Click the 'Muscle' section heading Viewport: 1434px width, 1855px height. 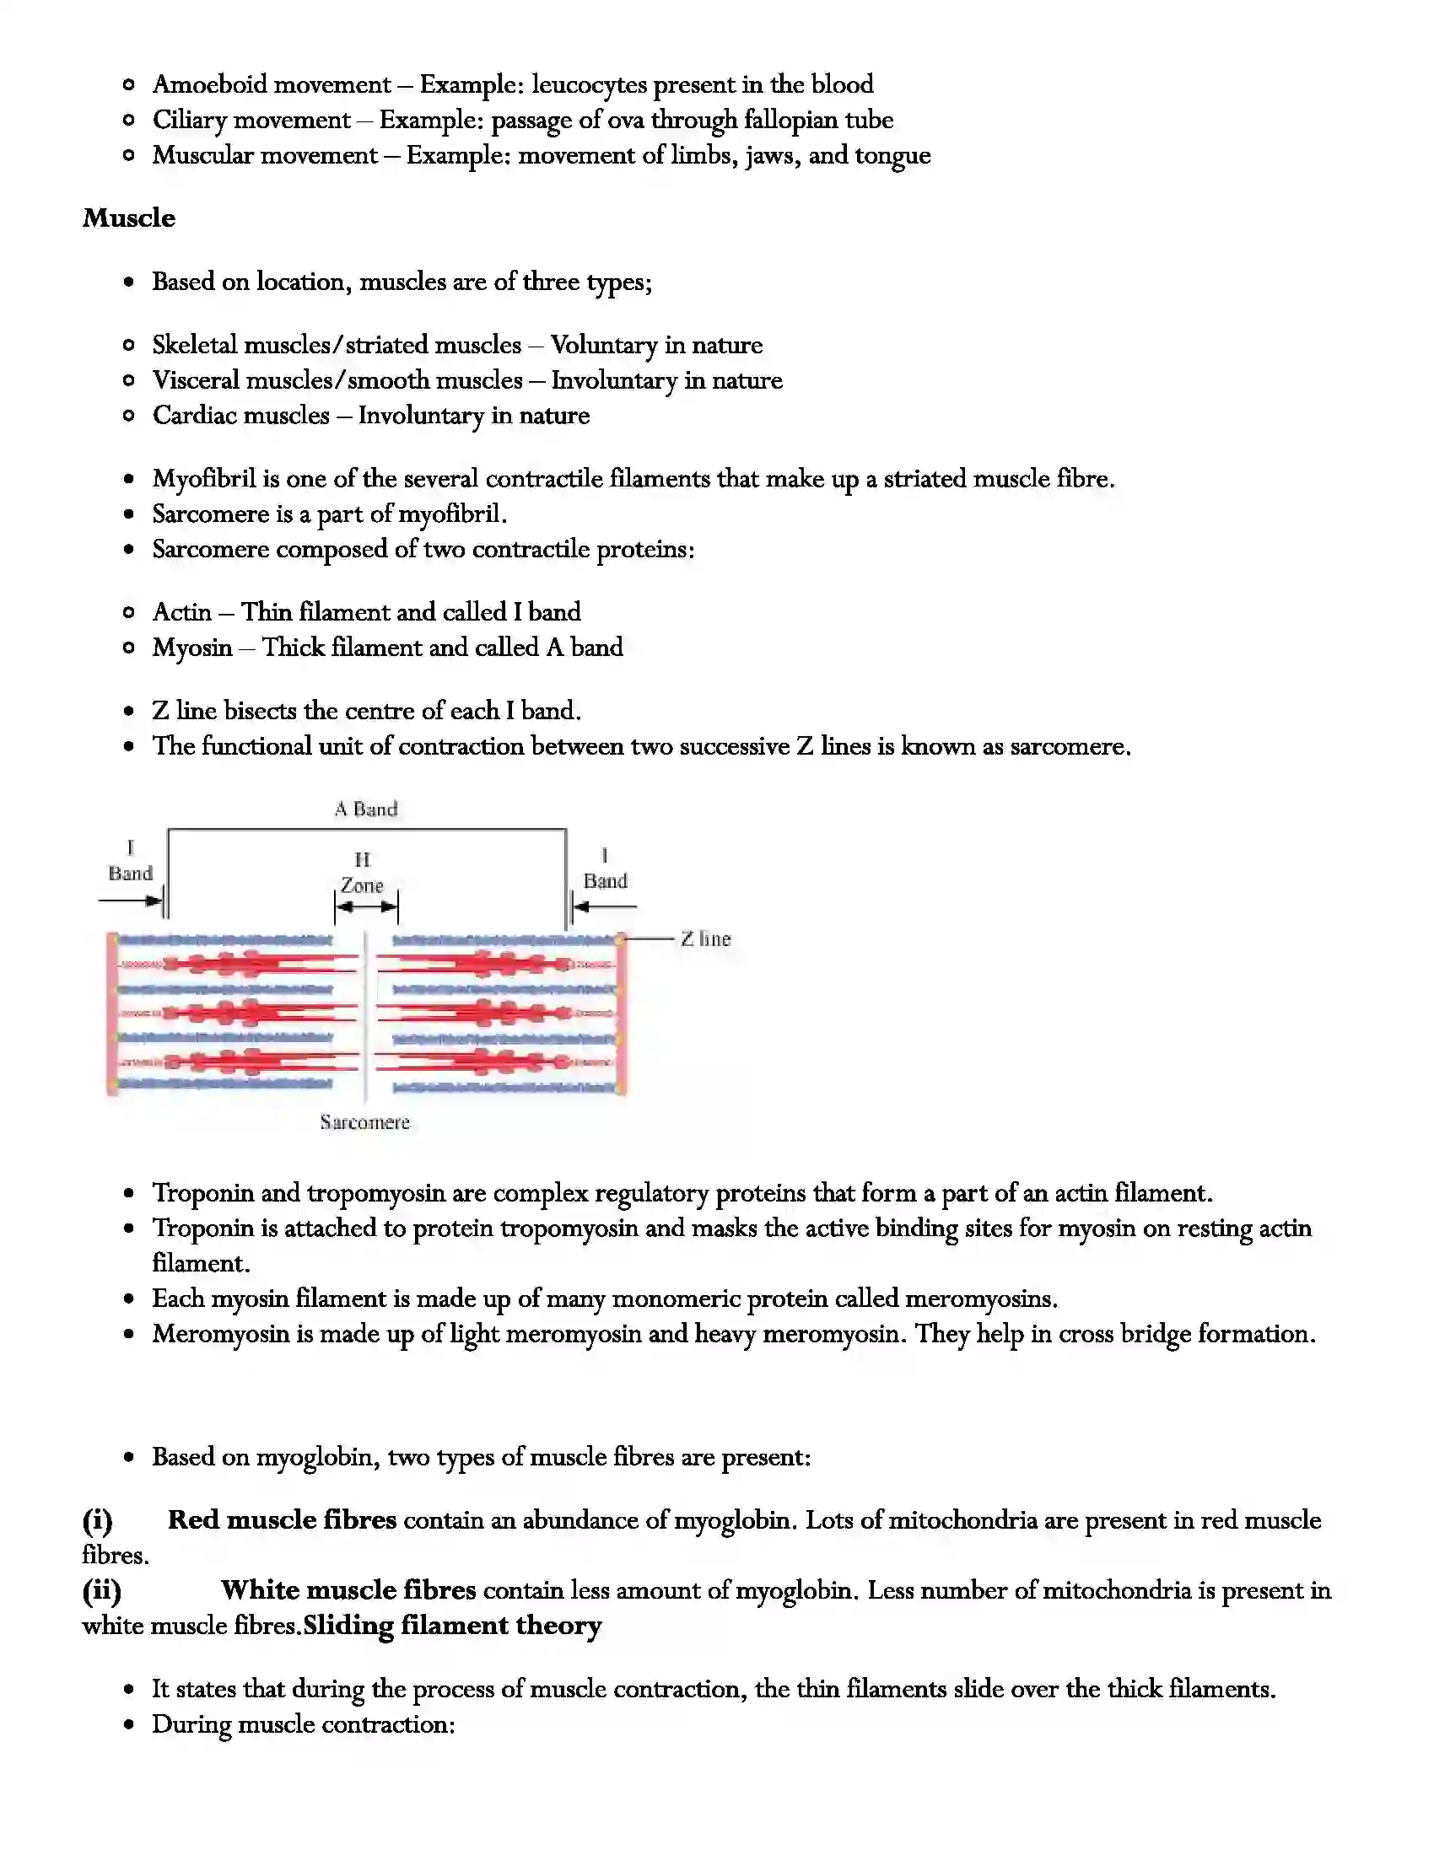click(x=129, y=218)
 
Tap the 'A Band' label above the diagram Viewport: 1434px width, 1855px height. click(x=366, y=809)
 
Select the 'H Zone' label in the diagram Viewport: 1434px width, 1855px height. click(x=363, y=874)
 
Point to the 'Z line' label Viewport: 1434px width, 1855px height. click(x=705, y=938)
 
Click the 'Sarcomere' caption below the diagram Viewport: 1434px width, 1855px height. click(x=365, y=1122)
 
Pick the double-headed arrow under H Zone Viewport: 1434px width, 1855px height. click(x=366, y=907)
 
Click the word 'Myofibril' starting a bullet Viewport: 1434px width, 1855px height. click(x=204, y=479)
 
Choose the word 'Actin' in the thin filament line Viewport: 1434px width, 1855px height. click(x=182, y=612)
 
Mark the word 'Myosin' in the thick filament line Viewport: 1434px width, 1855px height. click(x=192, y=648)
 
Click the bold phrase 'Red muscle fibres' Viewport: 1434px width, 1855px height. click(x=282, y=1519)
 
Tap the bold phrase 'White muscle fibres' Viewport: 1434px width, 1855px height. click(x=348, y=1590)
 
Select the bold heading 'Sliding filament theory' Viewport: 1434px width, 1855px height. click(x=452, y=1626)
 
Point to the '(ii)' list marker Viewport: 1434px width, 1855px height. click(x=101, y=1590)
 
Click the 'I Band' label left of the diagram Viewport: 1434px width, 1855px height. click(x=130, y=860)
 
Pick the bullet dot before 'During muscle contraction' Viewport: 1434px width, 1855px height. click(x=129, y=1725)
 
